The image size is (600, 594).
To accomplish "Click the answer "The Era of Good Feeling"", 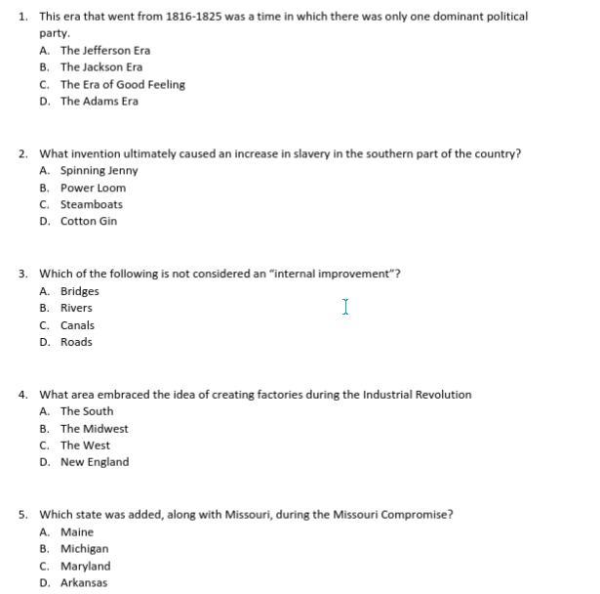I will (x=122, y=84).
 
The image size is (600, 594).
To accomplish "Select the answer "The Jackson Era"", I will (x=100, y=67).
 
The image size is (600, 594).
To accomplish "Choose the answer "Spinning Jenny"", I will (x=99, y=171).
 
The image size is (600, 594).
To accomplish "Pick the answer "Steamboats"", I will (x=91, y=205).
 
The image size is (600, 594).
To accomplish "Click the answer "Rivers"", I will (x=76, y=308).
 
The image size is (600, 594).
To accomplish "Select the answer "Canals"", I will (x=77, y=325).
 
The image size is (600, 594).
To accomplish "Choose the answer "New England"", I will (x=94, y=462).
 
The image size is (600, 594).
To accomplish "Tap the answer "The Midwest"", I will (x=94, y=429).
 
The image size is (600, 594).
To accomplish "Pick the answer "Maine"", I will (x=77, y=532).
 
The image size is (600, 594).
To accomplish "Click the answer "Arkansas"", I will (x=84, y=583).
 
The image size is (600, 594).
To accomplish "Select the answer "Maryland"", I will (x=85, y=567).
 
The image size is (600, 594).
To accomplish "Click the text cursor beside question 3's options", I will (x=345, y=308).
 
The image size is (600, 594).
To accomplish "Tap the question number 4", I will (x=22, y=395).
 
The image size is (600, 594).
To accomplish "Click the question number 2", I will (x=22, y=153).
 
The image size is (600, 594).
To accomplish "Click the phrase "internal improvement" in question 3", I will (x=331, y=274).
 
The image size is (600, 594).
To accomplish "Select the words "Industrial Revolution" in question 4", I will (x=417, y=395).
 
